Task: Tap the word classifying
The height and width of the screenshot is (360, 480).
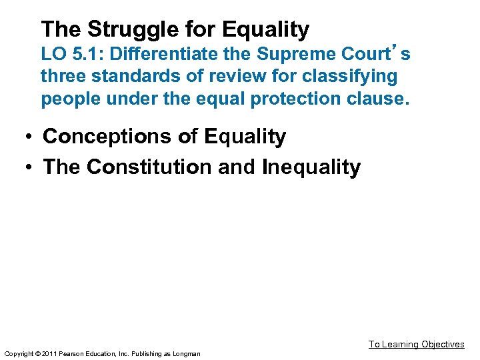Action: click(347, 77)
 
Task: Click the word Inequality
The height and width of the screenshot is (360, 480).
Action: click(311, 167)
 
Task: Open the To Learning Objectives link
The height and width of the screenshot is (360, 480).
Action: click(416, 344)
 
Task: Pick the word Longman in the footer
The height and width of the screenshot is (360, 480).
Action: click(186, 353)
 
